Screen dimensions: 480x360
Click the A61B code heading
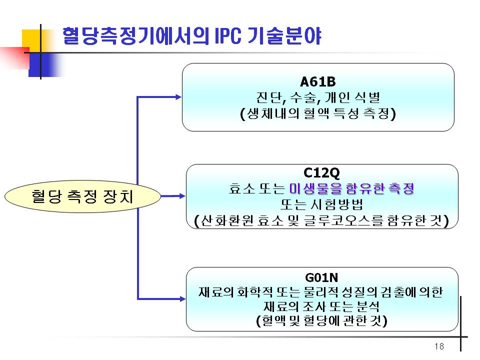(318, 81)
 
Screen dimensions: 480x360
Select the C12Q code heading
(321, 173)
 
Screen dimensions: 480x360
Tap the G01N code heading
(321, 277)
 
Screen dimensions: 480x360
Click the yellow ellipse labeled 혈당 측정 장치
(82, 196)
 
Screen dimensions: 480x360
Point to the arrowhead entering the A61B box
(178, 97)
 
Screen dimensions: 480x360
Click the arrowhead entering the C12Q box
(182, 196)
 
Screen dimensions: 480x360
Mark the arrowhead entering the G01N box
(182, 299)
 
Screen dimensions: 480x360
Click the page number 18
(439, 346)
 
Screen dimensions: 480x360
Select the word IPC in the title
(228, 36)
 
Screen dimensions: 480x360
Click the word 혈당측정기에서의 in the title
(136, 36)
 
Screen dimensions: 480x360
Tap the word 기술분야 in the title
(284, 36)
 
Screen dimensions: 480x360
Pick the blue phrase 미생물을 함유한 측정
(351, 188)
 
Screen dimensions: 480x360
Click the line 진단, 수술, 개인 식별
(318, 97)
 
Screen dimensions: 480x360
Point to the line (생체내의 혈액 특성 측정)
(318, 113)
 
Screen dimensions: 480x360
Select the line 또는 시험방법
(321, 204)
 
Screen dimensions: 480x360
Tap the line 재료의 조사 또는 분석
(321, 306)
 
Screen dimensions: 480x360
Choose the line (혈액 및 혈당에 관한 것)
(321, 320)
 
